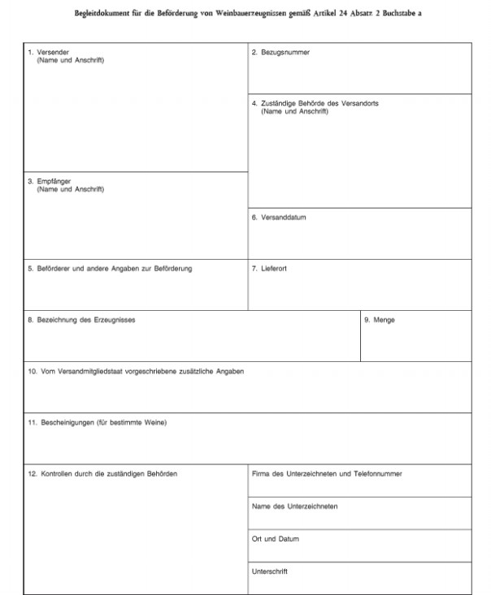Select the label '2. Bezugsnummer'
pos(280,53)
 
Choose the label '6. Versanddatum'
pos(279,218)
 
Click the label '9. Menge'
pos(380,320)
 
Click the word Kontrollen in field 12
pos(56,473)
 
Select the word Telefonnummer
pos(379,473)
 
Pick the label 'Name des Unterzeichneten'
pos(294,507)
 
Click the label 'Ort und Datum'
pos(276,539)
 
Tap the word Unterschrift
pos(270,571)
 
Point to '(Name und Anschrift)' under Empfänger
pos(71,190)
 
